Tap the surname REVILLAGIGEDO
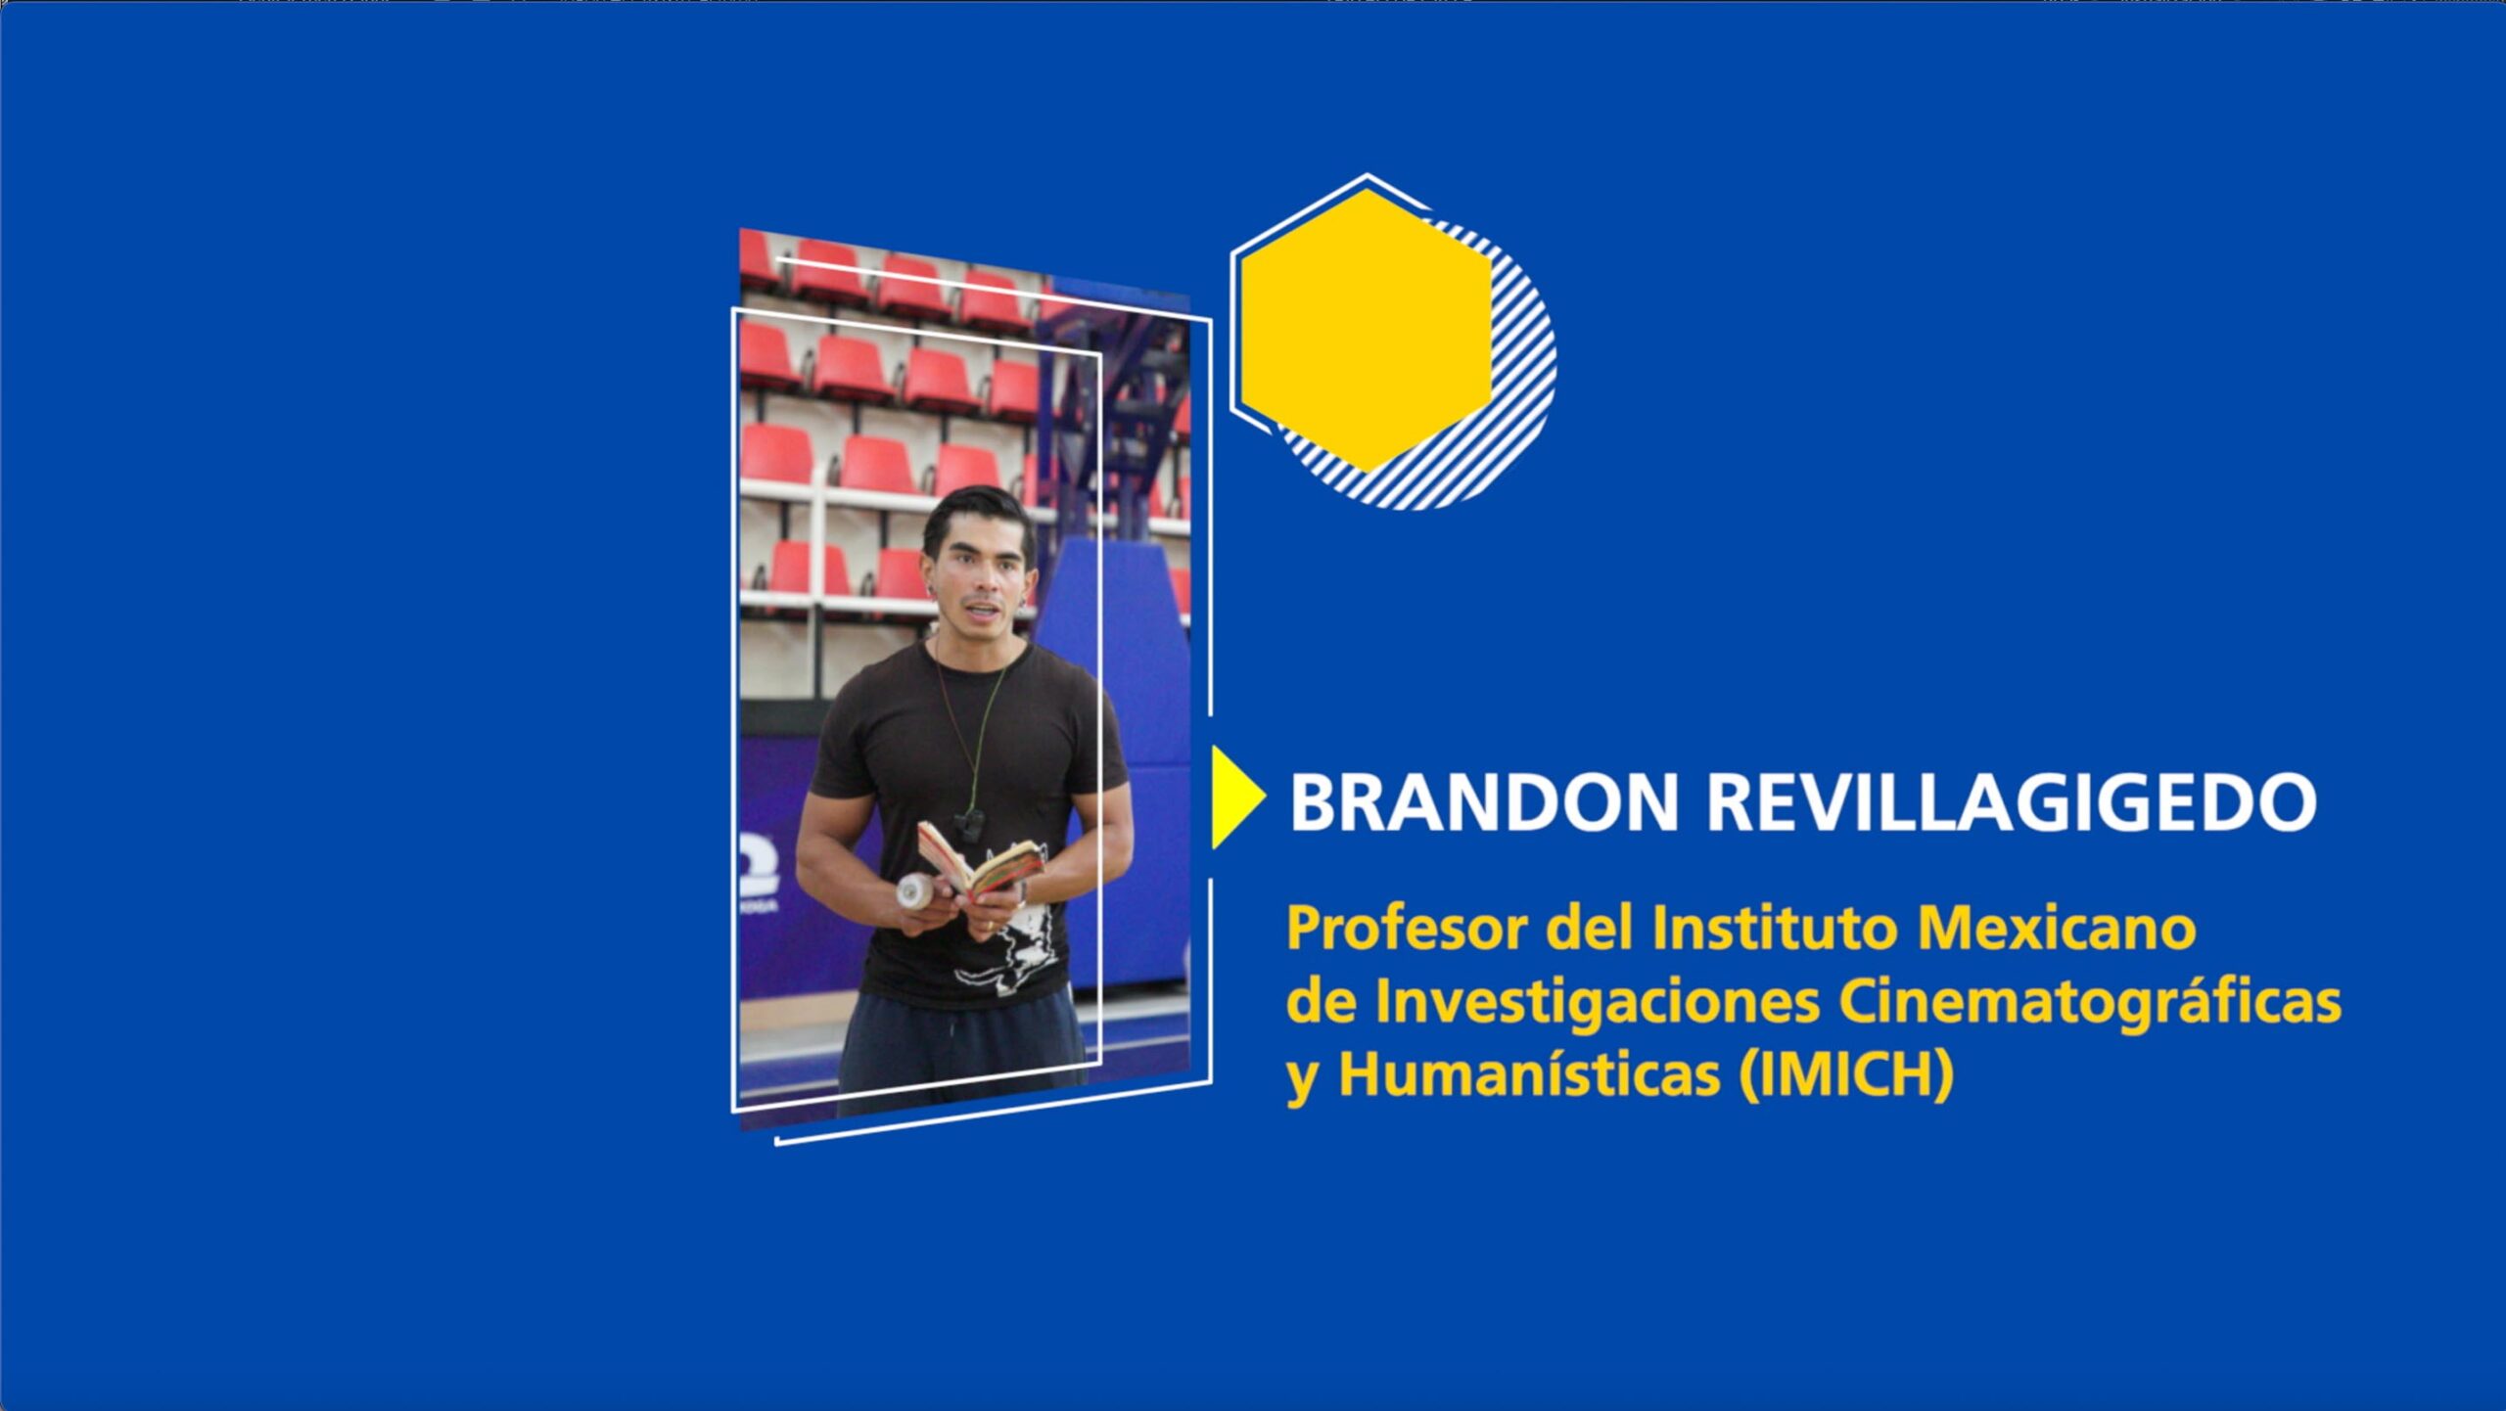tap(2012, 802)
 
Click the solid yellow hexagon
tap(1367, 330)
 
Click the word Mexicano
tap(2056, 928)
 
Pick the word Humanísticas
tap(1529, 1074)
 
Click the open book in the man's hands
tap(978, 860)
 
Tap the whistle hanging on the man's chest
tap(969, 823)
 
